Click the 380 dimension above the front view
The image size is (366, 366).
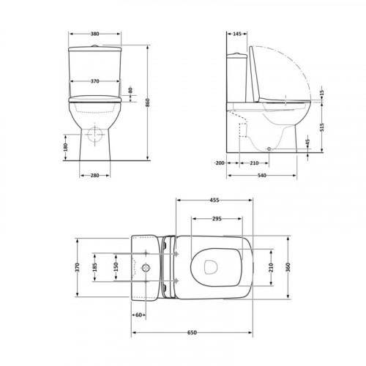[95, 34]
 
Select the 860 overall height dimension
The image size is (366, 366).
[148, 102]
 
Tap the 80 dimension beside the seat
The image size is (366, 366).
[130, 90]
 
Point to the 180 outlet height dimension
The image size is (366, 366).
[65, 147]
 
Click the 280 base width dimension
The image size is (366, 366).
[95, 175]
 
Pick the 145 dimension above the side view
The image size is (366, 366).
[237, 34]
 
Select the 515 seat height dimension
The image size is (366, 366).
[322, 127]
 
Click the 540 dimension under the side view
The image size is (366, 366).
[262, 175]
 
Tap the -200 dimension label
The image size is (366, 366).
[220, 163]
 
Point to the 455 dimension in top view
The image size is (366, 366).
[214, 201]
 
